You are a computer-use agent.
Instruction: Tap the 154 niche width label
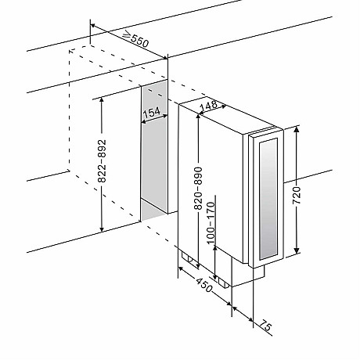[152, 112]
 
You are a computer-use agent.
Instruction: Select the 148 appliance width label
[209, 105]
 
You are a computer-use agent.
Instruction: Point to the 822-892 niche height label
[102, 160]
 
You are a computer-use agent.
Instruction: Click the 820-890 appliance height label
[198, 188]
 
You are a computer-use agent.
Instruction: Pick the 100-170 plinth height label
[211, 223]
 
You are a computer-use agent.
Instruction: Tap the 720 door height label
[297, 196]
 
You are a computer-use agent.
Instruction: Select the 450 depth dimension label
[203, 285]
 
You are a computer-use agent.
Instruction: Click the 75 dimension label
[265, 326]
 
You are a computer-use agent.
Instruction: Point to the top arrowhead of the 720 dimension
[297, 130]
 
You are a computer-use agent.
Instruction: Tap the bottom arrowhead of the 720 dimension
[297, 250]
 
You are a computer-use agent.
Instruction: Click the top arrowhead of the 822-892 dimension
[102, 100]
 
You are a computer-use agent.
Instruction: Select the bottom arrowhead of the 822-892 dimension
[102, 228]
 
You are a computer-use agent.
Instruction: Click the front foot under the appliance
[224, 283]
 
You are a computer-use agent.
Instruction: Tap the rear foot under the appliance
[188, 257]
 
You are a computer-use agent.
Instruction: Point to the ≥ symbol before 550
[127, 34]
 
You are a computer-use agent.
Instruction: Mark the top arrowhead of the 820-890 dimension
[198, 117]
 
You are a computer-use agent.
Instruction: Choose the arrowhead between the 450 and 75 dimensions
[235, 308]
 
